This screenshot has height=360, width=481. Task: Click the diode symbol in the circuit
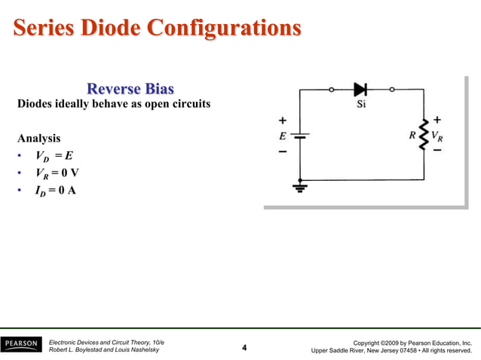point(360,89)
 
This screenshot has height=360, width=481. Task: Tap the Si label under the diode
point(361,105)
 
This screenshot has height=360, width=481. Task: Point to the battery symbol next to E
point(301,137)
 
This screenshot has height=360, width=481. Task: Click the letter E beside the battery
point(283,137)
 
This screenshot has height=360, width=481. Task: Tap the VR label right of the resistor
point(437,137)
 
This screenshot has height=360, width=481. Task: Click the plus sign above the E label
point(283,121)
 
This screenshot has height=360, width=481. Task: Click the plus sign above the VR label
point(437,121)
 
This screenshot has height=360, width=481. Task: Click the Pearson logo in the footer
point(20,344)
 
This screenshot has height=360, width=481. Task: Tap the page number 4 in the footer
point(244,348)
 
